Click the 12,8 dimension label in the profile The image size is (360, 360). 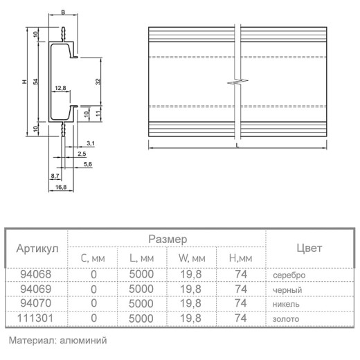(60, 88)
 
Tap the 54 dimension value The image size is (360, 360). (36, 82)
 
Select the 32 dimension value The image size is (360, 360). (98, 82)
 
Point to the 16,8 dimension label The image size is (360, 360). (61, 187)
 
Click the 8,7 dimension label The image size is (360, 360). (55, 176)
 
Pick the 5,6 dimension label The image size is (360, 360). (88, 164)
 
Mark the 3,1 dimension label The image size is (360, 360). (91, 143)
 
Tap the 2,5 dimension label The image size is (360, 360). (82, 154)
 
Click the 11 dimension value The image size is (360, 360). (98, 114)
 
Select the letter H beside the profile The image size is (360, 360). (24, 82)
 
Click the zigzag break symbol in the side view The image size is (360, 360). (237, 81)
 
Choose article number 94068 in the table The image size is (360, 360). (36, 274)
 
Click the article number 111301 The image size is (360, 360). (35, 318)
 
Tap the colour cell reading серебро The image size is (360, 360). (289, 275)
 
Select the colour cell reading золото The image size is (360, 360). (286, 319)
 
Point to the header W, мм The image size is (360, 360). (192, 258)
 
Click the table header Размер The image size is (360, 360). (168, 239)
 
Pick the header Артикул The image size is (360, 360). (37, 249)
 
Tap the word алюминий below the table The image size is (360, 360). (83, 341)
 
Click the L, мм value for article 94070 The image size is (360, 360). (141, 303)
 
